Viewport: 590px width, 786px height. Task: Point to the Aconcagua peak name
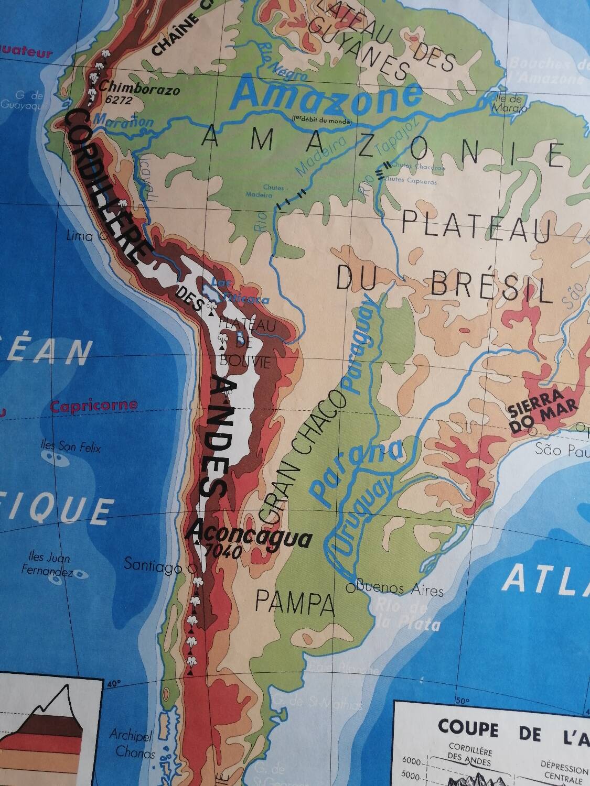251,536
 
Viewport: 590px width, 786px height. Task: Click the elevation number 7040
224,551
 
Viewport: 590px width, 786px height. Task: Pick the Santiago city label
153,565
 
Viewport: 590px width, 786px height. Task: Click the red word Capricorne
94,406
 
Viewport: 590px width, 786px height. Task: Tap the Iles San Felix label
71,446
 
